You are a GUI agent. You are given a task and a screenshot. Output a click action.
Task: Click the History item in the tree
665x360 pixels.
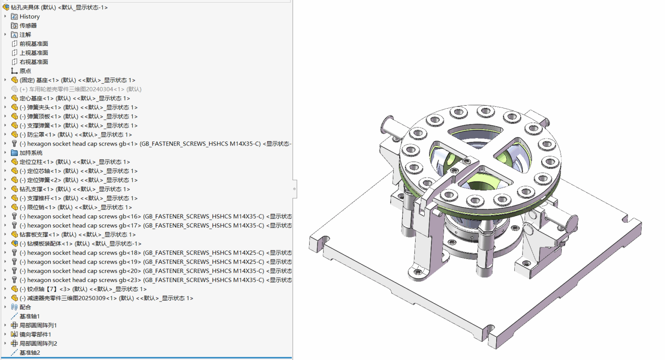coord(29,16)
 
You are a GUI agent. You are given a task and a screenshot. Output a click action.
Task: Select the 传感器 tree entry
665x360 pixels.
coord(28,26)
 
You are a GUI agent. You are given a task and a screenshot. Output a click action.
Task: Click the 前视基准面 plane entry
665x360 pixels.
coord(33,44)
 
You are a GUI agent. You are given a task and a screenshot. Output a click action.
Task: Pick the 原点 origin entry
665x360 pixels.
coord(25,71)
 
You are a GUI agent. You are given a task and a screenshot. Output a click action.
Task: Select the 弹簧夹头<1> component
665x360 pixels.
coord(78,107)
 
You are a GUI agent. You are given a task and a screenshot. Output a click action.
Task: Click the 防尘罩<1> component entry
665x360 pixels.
coord(75,135)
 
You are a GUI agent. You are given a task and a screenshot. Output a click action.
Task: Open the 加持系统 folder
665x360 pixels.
coord(31,153)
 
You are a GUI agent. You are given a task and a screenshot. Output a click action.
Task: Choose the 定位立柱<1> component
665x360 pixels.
coord(74,162)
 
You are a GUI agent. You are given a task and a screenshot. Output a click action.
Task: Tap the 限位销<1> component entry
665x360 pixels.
coord(75,208)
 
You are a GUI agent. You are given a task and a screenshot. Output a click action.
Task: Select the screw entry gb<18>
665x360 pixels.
coord(155,253)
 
